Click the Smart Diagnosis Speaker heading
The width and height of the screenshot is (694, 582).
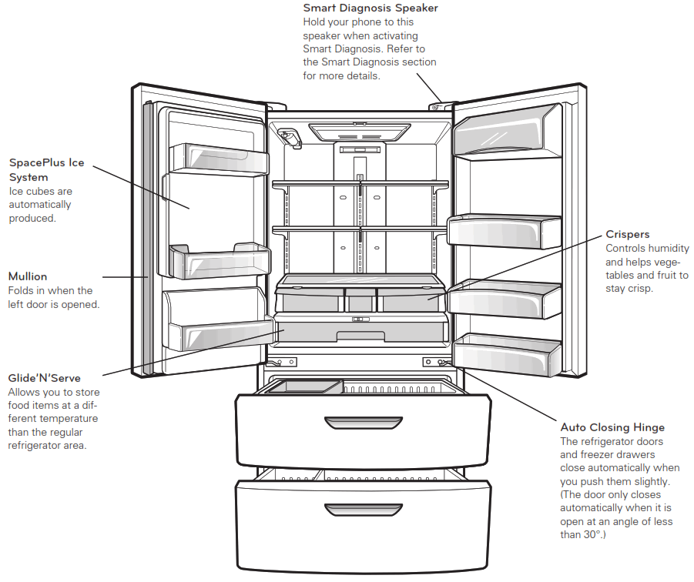click(370, 8)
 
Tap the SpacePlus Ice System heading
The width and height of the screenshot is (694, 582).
click(46, 170)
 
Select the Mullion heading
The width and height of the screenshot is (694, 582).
click(28, 276)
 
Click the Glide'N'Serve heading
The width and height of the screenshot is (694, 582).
click(45, 378)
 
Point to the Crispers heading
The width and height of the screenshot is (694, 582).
click(627, 234)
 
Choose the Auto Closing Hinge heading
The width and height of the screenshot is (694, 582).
click(612, 427)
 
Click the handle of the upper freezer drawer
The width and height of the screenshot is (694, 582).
click(362, 423)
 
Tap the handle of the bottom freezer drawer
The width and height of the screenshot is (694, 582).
click(362, 510)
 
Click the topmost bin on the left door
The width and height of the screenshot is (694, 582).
click(220, 159)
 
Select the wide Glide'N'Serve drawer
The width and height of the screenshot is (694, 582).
click(360, 331)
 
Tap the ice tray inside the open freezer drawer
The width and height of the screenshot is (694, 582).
click(304, 386)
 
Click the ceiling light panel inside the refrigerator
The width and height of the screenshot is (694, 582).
click(359, 132)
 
